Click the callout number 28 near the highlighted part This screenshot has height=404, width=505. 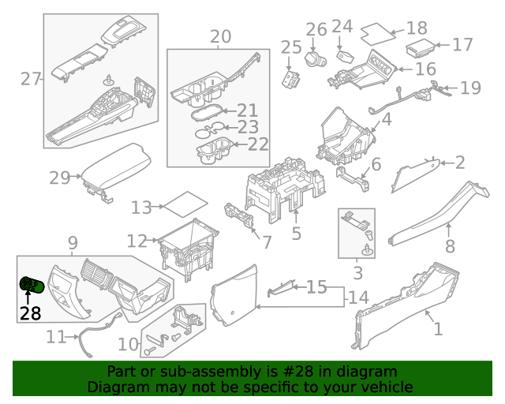pyautogui.click(x=30, y=313)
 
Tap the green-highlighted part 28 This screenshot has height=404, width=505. pyautogui.click(x=32, y=285)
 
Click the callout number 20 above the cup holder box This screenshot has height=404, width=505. pyautogui.click(x=221, y=36)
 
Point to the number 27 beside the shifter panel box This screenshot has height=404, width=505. pyautogui.click(x=31, y=79)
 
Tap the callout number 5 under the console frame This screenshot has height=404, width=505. pyautogui.click(x=297, y=234)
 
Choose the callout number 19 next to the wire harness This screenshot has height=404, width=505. pyautogui.click(x=470, y=88)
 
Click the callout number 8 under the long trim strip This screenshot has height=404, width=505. pyautogui.click(x=450, y=248)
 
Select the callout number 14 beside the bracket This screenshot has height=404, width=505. pyautogui.click(x=358, y=297)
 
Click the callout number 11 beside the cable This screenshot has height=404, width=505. pyautogui.click(x=55, y=337)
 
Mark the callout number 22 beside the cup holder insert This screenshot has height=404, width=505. pyautogui.click(x=258, y=144)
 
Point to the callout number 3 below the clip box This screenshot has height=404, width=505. pyautogui.click(x=357, y=274)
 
